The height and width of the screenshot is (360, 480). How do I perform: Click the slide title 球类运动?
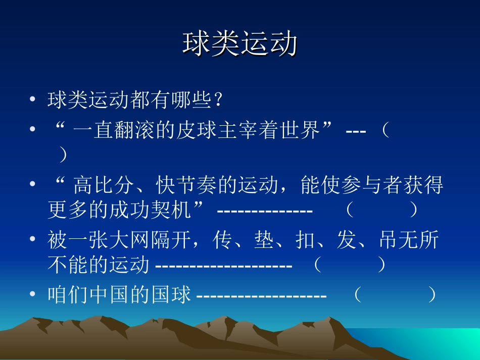click(239, 45)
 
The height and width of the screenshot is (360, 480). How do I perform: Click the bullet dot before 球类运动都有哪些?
click(33, 100)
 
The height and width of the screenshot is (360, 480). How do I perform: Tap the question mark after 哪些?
click(217, 100)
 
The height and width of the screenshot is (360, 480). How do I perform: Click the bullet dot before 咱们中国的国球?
click(33, 294)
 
